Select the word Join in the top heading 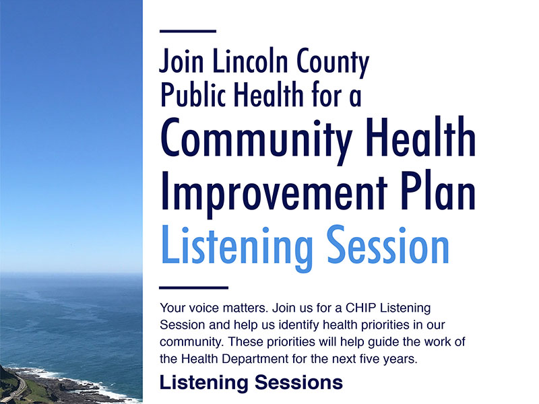(181, 61)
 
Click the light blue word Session (388, 244)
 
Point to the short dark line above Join (188, 31)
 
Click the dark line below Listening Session (194, 288)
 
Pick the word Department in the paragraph (255, 360)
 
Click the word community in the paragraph (192, 343)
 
